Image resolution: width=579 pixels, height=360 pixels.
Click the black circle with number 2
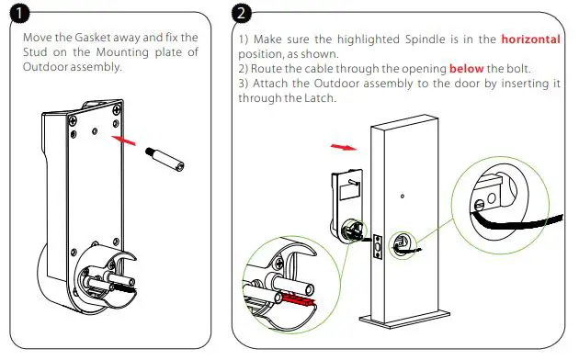242,16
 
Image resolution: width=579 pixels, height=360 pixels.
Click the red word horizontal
530,40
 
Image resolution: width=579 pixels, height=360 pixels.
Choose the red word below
466,69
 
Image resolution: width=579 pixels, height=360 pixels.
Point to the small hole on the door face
401,197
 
